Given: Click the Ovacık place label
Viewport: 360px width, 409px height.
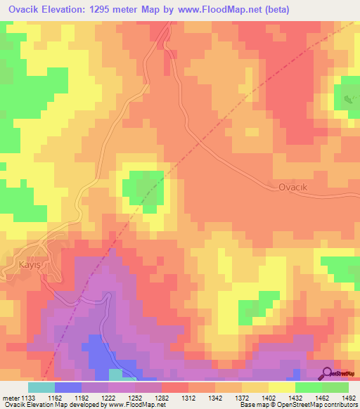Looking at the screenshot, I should (294, 187).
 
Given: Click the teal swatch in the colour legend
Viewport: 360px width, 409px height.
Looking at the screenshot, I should (41, 387).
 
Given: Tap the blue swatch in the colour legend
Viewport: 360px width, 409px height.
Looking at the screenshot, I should (68, 387).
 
